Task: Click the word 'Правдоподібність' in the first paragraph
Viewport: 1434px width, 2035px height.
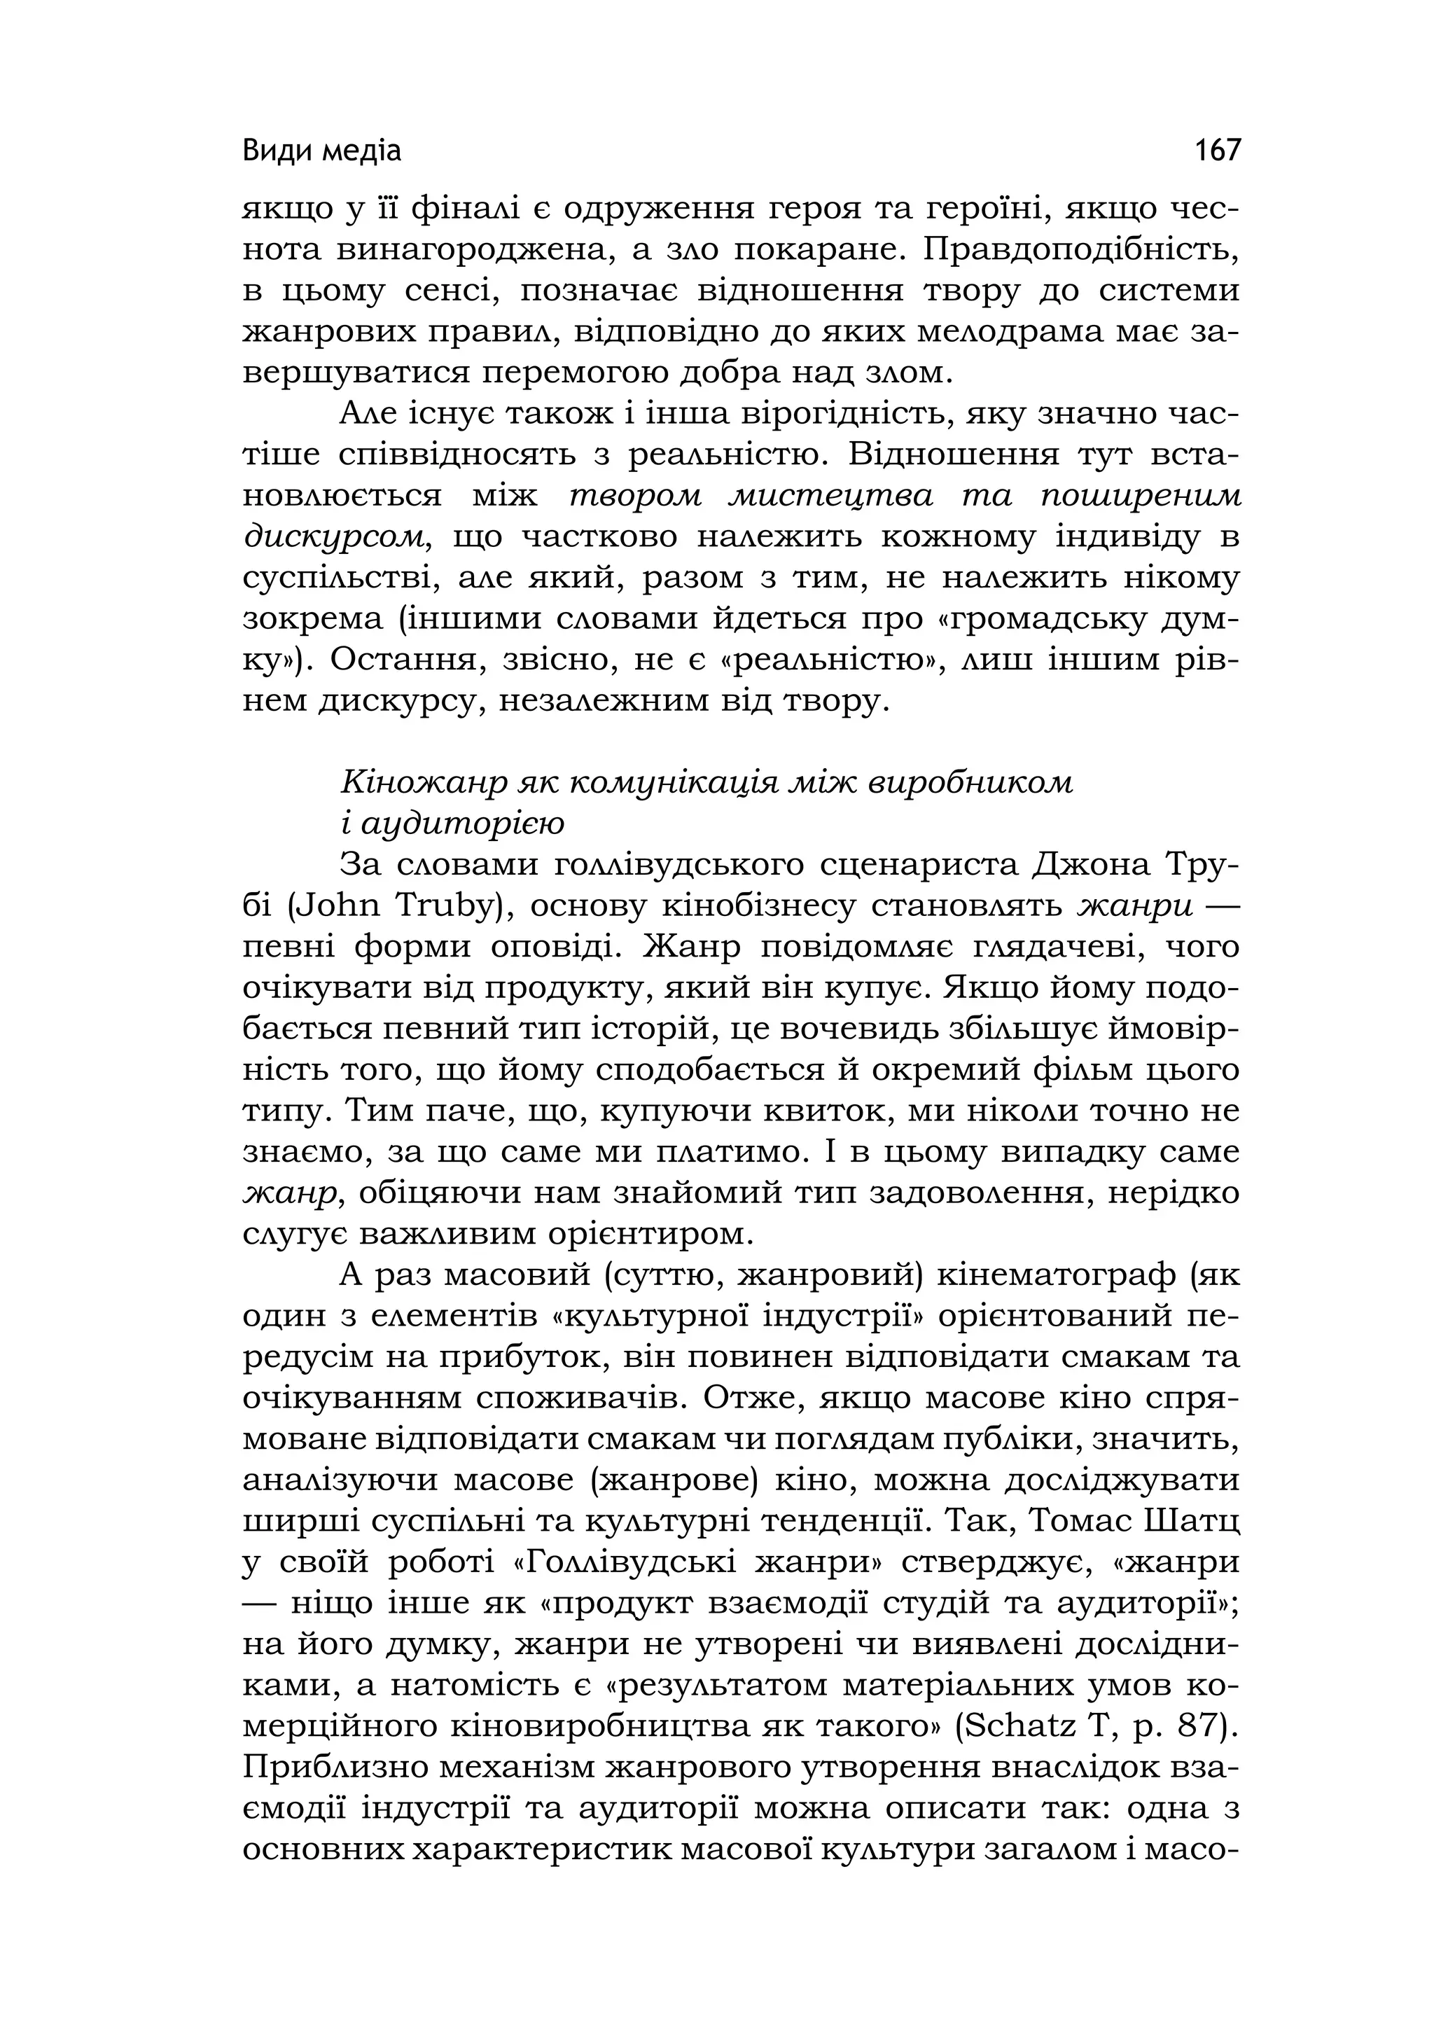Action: pos(1080,250)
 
